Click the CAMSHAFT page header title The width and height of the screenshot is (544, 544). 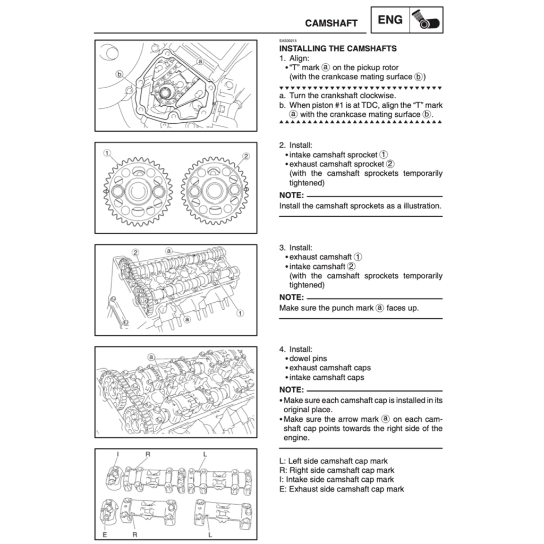coord(331,23)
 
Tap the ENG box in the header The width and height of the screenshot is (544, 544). coord(390,20)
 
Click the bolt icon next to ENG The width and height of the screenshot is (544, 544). coord(426,21)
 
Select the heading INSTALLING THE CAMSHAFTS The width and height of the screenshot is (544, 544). coord(338,48)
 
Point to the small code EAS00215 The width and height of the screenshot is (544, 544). coord(288,41)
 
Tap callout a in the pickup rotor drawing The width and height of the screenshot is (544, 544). coord(200,61)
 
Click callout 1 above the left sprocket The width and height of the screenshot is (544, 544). coord(107,153)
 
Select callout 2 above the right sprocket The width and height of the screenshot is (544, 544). coord(246,156)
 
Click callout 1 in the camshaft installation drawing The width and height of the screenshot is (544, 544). coord(240,313)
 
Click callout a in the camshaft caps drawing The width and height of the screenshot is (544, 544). coord(151,357)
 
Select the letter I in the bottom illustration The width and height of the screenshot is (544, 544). coord(117,454)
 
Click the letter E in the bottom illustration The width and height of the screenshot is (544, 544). coord(105,534)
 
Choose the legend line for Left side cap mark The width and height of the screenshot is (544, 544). coord(333,461)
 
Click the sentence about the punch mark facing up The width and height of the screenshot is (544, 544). coord(348,308)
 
